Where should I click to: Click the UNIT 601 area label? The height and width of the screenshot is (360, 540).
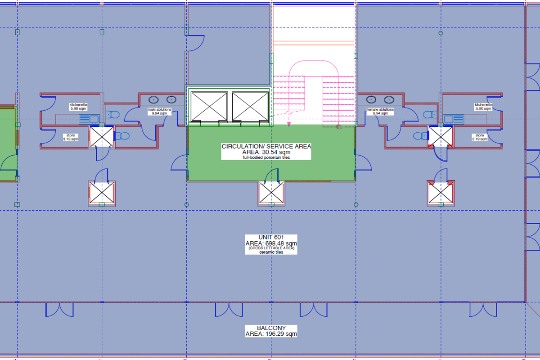coord(271,244)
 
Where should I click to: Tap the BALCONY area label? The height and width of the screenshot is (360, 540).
coord(271,331)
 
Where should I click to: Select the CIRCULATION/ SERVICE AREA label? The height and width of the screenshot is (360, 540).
coord(266,152)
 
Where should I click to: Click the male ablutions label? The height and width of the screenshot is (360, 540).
coord(159,111)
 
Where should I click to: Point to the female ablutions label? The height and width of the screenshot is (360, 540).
coord(380,111)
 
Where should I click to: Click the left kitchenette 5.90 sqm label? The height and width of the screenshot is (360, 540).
coord(78,107)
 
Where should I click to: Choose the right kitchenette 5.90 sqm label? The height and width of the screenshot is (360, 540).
coord(483,107)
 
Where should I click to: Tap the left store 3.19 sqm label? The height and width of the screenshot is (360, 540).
coord(71,137)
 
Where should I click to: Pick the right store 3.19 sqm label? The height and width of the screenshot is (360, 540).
coord(480,137)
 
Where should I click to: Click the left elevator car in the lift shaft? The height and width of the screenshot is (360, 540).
coord(209,106)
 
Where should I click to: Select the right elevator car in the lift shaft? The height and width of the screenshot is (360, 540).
coord(250,106)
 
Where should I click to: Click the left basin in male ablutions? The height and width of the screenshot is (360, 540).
coord(153,99)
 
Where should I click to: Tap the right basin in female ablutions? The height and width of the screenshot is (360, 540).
coord(389,99)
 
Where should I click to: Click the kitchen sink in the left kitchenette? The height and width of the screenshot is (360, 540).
coord(89,119)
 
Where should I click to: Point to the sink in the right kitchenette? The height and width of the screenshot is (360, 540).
coord(454,119)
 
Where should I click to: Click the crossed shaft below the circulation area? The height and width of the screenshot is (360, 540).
coord(271,193)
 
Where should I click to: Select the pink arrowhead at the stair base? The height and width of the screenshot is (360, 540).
coord(289,124)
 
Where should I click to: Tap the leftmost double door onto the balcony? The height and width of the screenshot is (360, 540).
coord(59,310)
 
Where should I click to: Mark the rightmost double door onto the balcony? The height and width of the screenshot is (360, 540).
coord(483,310)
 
